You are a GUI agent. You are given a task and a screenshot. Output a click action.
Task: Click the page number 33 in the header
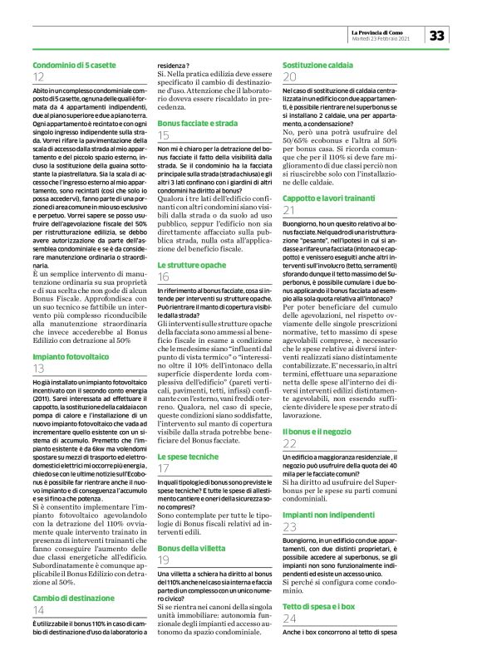click(x=438, y=34)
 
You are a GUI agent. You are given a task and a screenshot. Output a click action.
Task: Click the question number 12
click(x=39, y=76)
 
